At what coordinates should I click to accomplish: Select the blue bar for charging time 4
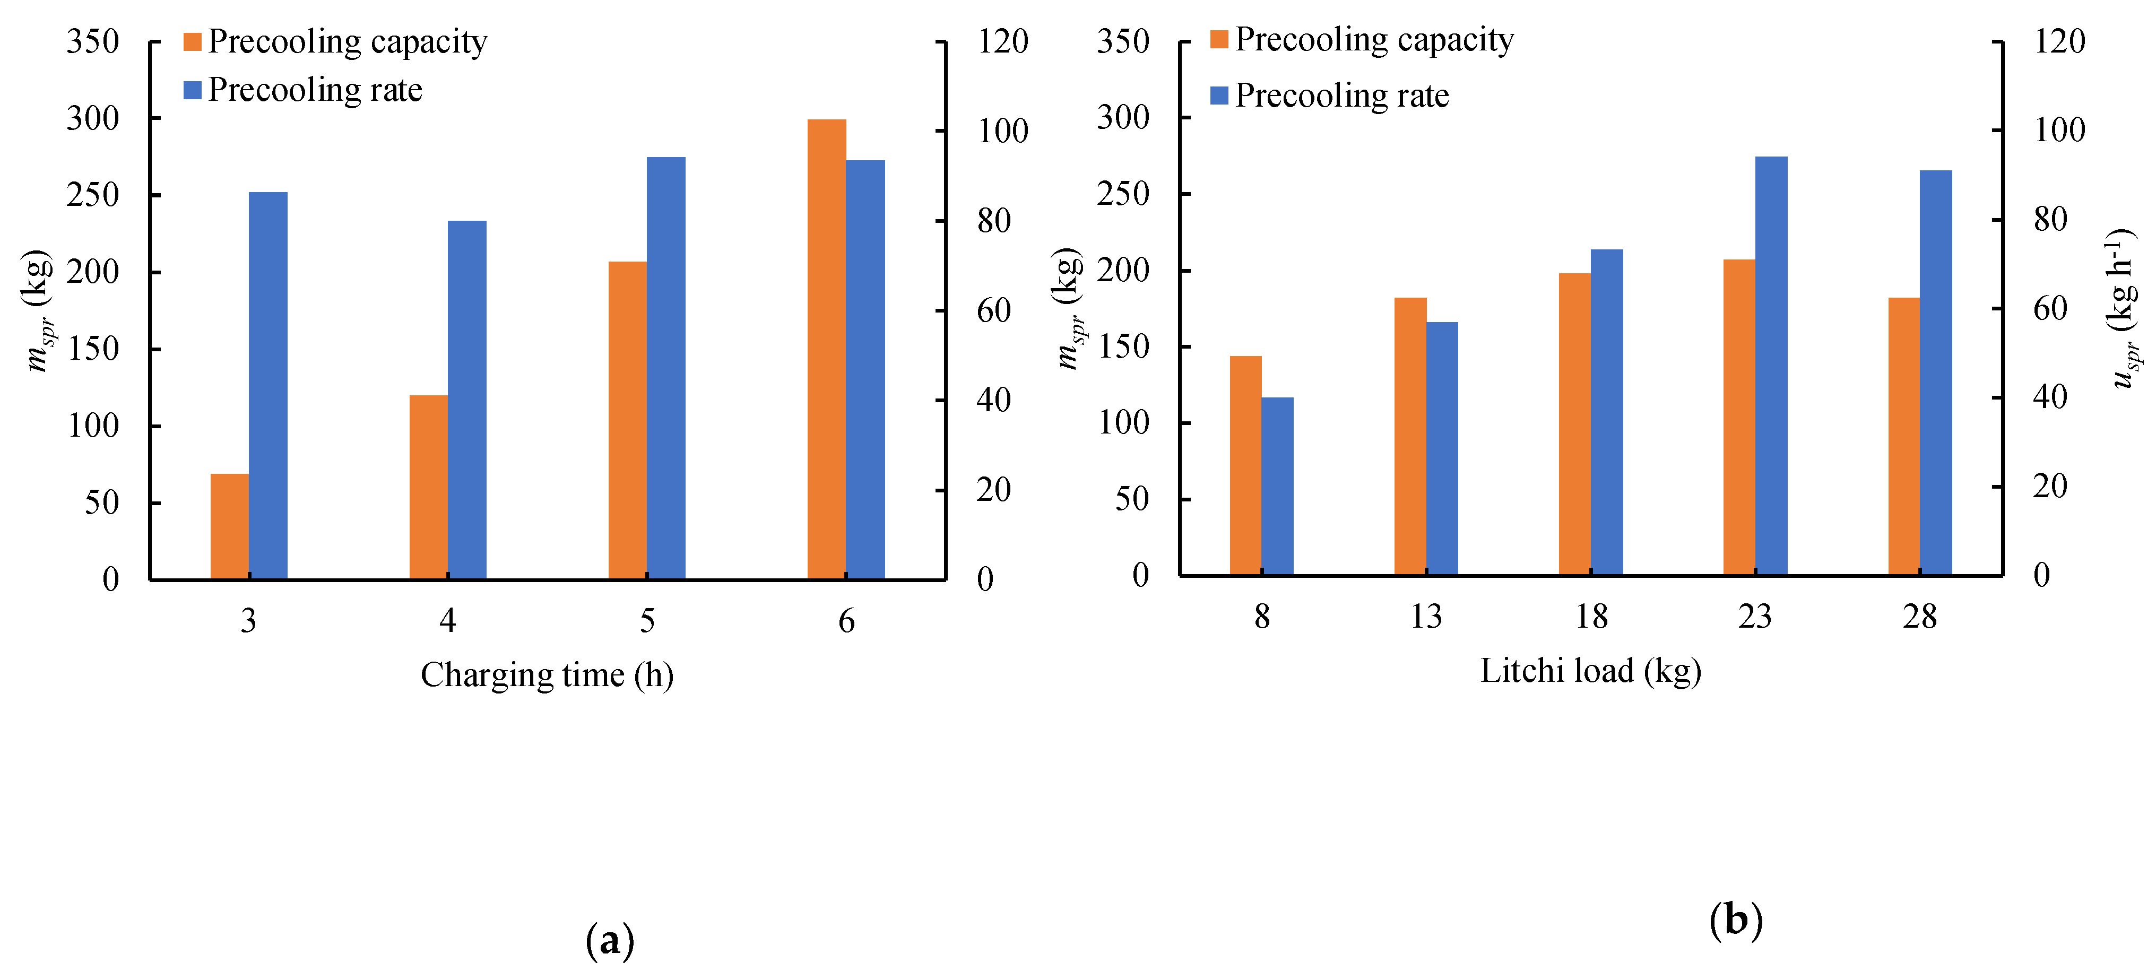tap(467, 400)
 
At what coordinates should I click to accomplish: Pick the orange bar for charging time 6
tap(826, 349)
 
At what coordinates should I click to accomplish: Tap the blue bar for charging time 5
tap(665, 368)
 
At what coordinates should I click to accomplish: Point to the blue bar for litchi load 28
tap(1935, 372)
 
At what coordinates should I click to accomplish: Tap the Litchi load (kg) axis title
tap(1590, 671)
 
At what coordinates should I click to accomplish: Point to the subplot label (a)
tap(610, 940)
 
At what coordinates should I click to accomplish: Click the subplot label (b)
tap(1736, 920)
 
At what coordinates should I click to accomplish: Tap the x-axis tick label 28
tap(1919, 617)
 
